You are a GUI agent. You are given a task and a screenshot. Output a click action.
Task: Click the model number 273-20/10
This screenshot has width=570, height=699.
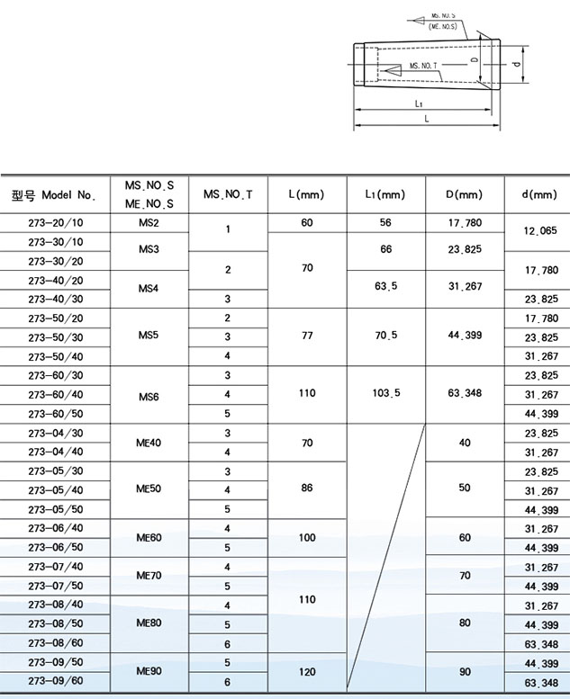click(56, 222)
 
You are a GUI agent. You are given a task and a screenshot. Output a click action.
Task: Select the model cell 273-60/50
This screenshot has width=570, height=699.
click(56, 414)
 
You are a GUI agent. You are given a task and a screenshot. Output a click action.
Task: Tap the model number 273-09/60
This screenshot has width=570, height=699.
click(56, 682)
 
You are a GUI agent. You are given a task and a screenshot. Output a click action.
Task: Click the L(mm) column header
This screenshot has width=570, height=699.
click(306, 194)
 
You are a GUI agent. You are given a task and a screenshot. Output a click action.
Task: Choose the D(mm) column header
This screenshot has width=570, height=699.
click(464, 194)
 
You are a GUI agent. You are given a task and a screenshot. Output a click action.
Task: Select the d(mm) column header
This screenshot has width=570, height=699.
click(538, 194)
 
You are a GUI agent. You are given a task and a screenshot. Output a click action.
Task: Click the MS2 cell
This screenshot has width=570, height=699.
click(149, 222)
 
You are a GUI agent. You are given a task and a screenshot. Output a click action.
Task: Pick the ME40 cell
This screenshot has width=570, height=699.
click(149, 443)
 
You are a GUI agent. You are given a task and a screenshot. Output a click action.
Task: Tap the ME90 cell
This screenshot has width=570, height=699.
click(149, 672)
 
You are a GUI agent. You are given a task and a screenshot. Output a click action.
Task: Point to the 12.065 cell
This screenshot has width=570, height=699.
click(538, 231)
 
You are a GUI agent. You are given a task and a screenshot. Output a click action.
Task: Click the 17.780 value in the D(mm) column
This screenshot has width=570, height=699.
click(464, 222)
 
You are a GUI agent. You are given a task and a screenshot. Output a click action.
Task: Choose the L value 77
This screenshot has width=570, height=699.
click(306, 337)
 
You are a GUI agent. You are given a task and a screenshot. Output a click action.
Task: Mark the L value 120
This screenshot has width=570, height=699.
click(306, 672)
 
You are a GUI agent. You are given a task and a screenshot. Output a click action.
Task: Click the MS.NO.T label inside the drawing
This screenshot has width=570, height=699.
click(422, 67)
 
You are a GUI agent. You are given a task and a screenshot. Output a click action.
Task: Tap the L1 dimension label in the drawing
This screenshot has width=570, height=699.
click(420, 104)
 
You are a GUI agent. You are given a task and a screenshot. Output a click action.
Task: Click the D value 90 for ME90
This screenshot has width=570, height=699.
click(464, 672)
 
